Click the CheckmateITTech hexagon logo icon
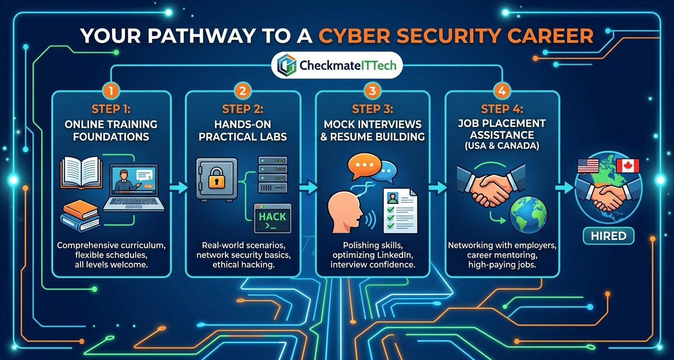(x=286, y=65)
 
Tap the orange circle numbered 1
(x=111, y=90)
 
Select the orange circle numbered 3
(x=372, y=90)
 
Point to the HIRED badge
(x=608, y=236)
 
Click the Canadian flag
(x=628, y=166)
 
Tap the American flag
(x=588, y=166)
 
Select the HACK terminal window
(x=272, y=218)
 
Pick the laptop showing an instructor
(x=134, y=188)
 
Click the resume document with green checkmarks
(x=400, y=211)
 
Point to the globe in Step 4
(x=528, y=215)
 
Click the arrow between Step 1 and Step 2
(x=179, y=188)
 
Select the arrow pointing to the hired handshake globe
(x=564, y=188)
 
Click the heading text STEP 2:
(x=243, y=109)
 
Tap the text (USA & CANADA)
(x=502, y=146)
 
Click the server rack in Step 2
(x=272, y=174)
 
